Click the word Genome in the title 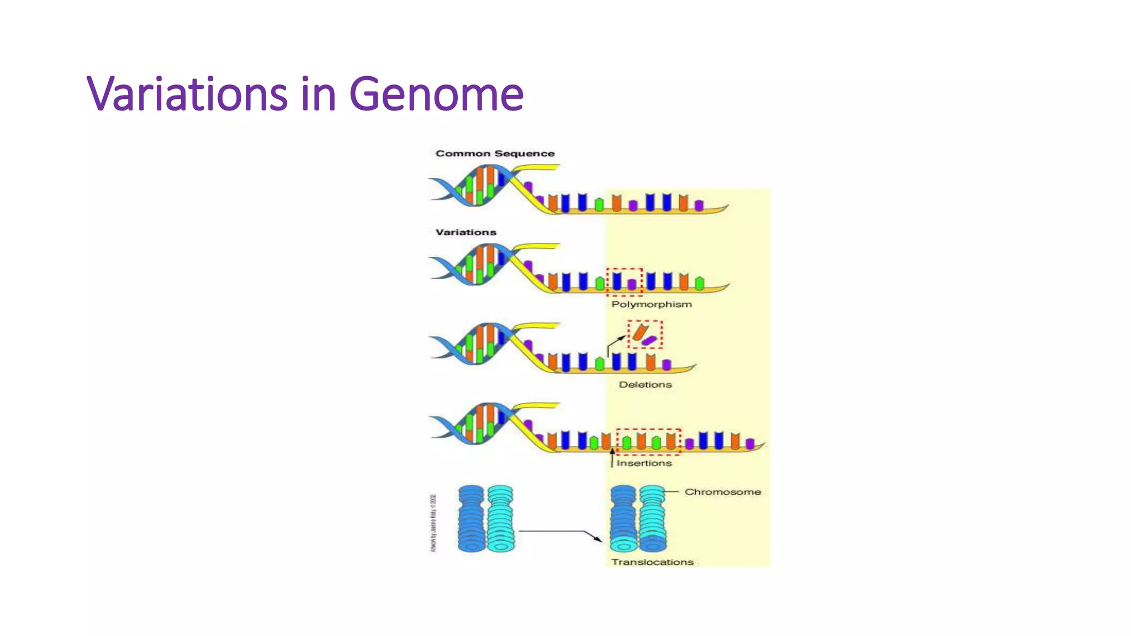436,94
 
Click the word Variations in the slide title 187,94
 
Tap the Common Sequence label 495,153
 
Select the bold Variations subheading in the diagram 466,232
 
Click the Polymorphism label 651,304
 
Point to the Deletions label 645,385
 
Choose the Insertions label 644,463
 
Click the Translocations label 652,562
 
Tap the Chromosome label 722,492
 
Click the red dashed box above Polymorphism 625,281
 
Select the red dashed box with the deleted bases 644,334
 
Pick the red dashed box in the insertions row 648,441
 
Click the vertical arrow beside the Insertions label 612,458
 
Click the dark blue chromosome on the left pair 471,518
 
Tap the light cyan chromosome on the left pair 500,518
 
